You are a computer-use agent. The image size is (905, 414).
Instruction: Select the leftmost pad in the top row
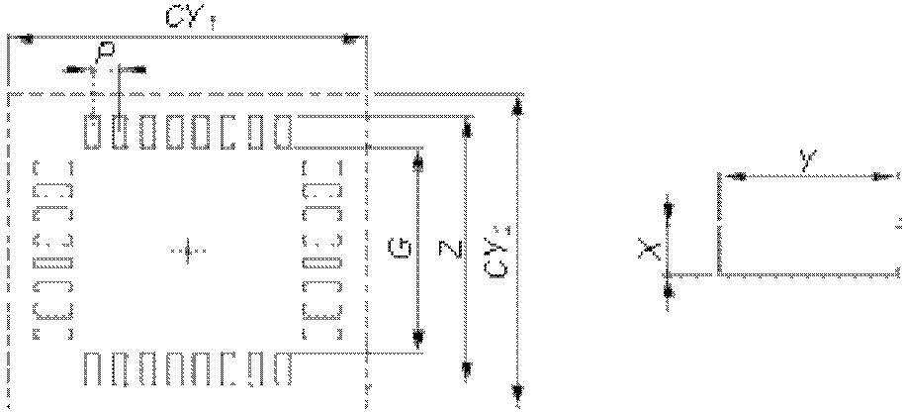pos(93,132)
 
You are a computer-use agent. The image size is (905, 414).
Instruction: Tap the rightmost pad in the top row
pos(283,132)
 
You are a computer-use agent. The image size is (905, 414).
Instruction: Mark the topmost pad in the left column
pos(53,168)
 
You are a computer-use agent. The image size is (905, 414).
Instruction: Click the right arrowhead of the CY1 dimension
pos(349,39)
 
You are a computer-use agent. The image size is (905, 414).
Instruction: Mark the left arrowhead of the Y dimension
pos(731,176)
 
